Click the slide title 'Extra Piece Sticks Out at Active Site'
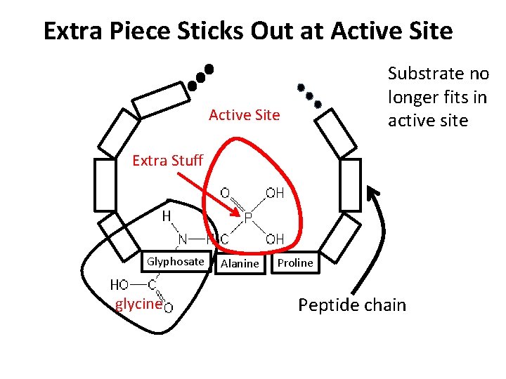(x=248, y=32)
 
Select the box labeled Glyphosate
(x=175, y=262)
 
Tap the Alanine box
(x=240, y=263)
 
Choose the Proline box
(x=295, y=262)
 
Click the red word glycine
(x=138, y=305)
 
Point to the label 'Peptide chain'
(x=352, y=305)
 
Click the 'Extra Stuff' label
(x=167, y=161)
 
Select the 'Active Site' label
(x=244, y=114)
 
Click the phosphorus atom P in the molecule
(x=248, y=219)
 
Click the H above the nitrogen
(x=167, y=216)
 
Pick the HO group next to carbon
(x=119, y=284)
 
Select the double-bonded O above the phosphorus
(x=225, y=192)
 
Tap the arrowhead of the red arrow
(x=238, y=213)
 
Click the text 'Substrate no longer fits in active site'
(x=437, y=97)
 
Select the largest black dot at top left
(x=209, y=70)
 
